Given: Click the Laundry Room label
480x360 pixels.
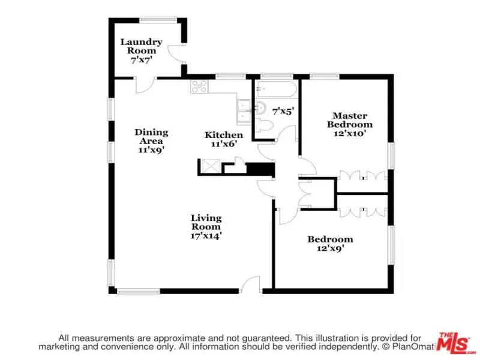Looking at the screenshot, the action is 141,46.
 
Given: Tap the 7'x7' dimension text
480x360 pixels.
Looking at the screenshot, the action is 142,60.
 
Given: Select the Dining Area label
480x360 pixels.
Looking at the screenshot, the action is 151,137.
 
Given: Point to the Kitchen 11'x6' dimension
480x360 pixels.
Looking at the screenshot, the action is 224,143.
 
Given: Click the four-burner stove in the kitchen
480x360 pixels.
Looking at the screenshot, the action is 199,86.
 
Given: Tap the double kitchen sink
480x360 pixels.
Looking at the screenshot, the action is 244,112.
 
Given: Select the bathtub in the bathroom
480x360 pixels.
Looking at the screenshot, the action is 277,89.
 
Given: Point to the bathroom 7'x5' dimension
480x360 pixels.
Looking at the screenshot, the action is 283,112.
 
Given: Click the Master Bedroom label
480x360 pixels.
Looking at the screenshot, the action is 350,120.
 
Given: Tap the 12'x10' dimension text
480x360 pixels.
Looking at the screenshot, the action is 350,133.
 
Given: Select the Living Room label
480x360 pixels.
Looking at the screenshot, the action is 206,222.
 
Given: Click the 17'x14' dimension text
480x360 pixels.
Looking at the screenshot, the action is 206,236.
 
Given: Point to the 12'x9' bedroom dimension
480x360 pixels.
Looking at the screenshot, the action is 331,248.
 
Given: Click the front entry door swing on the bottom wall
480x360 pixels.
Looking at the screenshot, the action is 250,284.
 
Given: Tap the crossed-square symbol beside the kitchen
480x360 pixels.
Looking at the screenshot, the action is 211,166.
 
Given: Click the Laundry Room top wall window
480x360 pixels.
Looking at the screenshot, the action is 158,20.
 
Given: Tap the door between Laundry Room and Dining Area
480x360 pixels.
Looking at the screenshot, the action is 145,85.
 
